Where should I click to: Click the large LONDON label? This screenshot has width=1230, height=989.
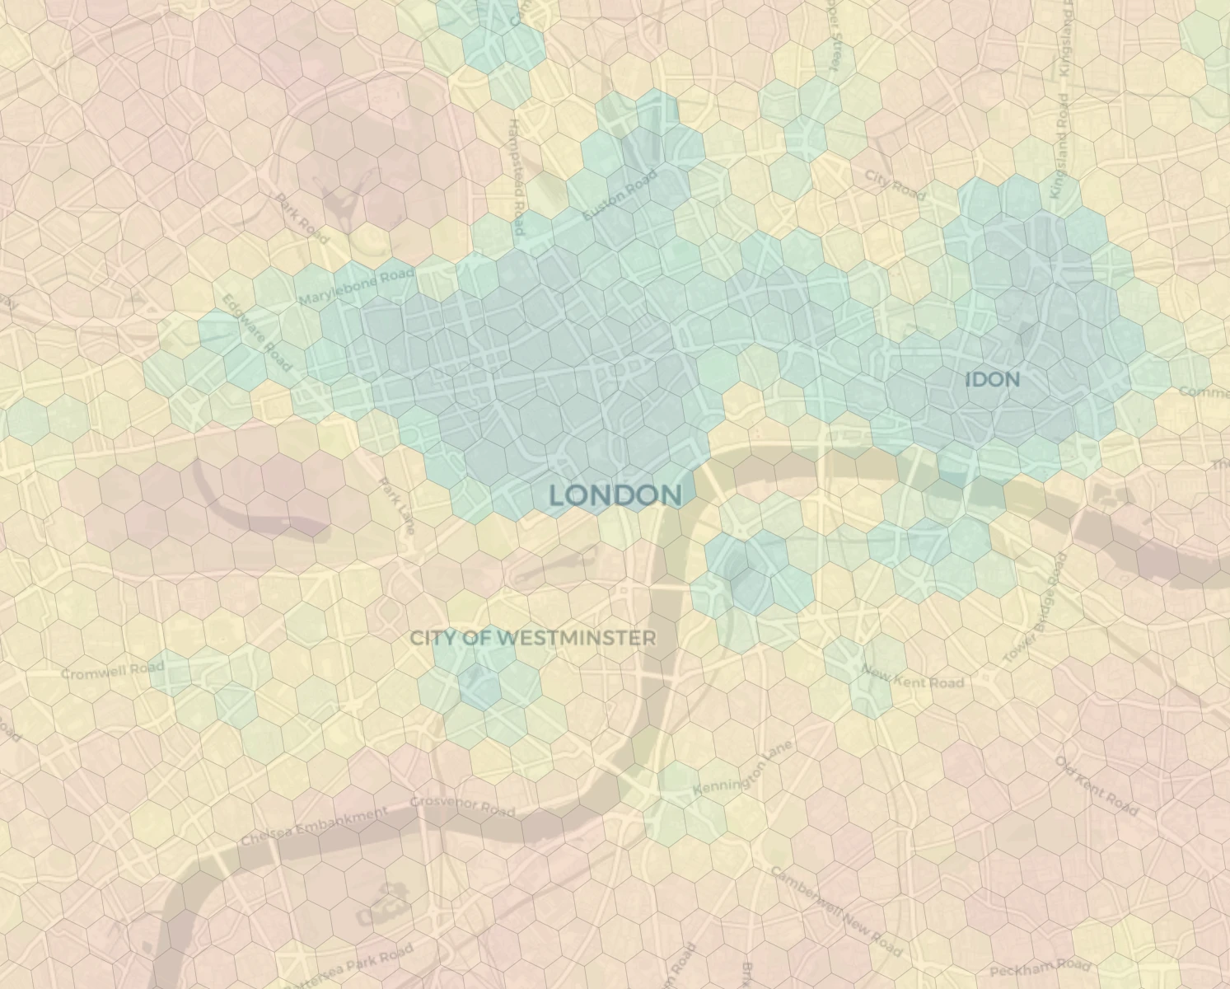(x=615, y=495)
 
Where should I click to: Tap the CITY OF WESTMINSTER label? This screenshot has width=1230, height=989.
(x=533, y=638)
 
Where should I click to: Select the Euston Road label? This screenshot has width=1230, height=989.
(x=620, y=195)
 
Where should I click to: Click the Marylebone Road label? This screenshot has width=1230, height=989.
(x=357, y=286)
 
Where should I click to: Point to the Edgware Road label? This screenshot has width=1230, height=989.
(x=257, y=333)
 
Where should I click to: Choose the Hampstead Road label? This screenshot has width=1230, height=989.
(x=516, y=176)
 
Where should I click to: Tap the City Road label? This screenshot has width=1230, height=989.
(x=895, y=185)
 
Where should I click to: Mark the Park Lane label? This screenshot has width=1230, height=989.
(x=395, y=504)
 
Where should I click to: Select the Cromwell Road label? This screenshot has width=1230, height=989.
(x=113, y=670)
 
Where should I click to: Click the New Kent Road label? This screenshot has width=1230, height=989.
(x=913, y=677)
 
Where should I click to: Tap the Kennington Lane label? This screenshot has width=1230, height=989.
(x=742, y=769)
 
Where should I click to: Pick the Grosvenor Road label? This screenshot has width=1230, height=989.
(x=462, y=805)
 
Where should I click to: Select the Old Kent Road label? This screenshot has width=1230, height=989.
(x=1097, y=786)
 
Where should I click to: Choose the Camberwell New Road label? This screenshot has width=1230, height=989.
(x=837, y=911)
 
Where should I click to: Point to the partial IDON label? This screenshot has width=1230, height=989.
(x=992, y=380)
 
